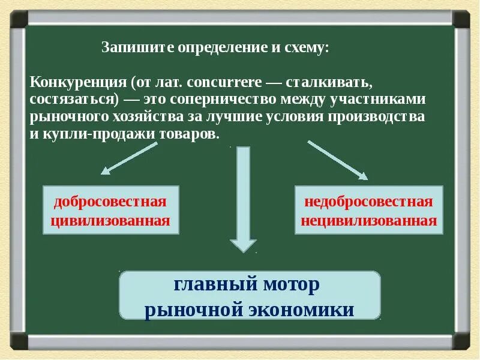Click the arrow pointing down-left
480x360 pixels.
[x=123, y=157]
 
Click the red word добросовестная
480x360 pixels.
[x=110, y=202]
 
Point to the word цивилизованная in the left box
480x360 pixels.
[x=110, y=220]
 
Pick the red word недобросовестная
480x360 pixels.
[x=368, y=202]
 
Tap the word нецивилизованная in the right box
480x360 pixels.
[x=368, y=220]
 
